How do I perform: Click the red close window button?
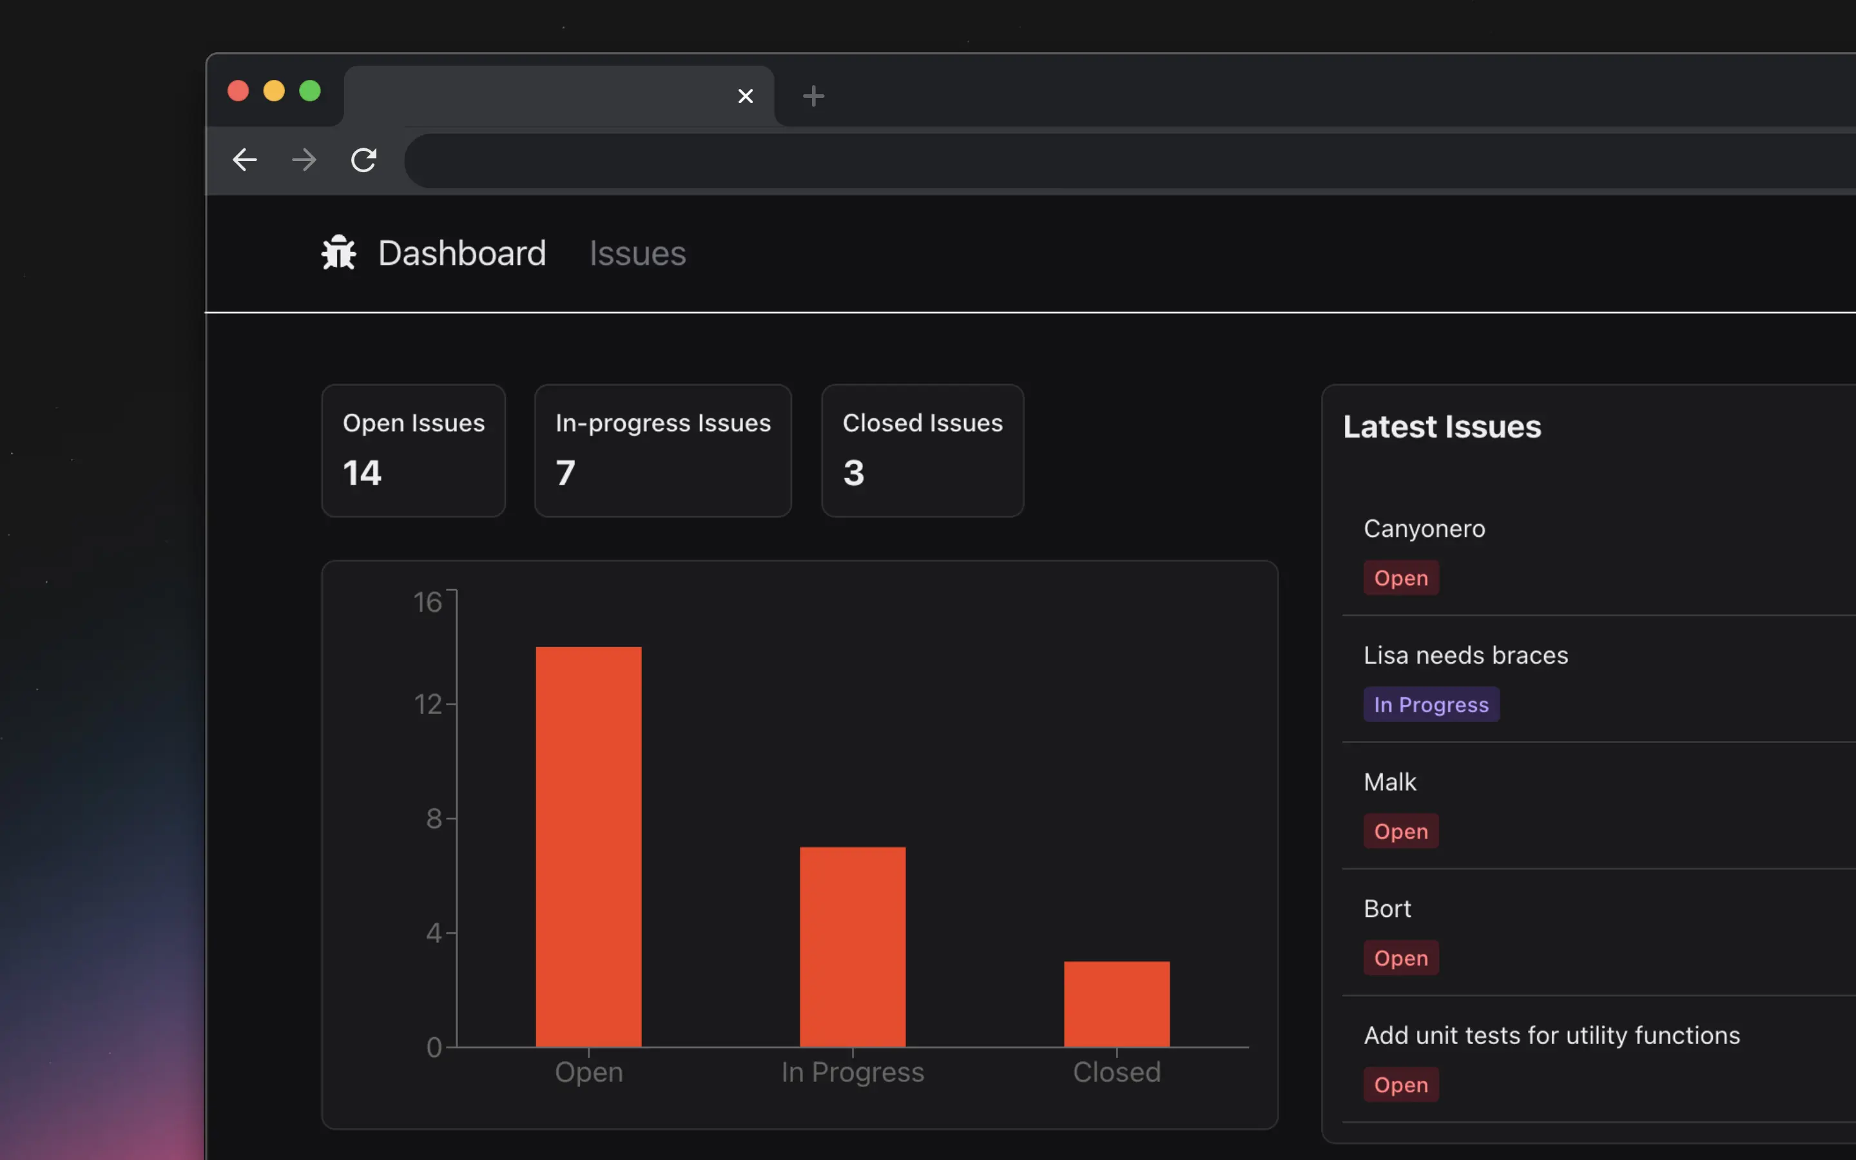pos(238,92)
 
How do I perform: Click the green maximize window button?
pos(310,92)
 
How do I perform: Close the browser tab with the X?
pos(745,97)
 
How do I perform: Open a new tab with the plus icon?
pos(813,97)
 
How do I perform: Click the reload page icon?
pos(363,160)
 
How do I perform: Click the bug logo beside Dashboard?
pos(338,253)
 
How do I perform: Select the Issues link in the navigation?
pos(637,254)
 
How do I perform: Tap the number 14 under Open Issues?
pos(362,472)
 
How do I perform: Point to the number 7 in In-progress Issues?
pos(565,472)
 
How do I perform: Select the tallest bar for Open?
pos(588,846)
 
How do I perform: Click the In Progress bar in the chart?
pos(852,947)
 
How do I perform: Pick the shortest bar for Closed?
pos(1116,1003)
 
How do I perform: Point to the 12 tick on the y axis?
pos(428,704)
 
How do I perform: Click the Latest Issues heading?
pos(1441,427)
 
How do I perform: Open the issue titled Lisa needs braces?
pos(1465,656)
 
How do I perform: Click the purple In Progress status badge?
pos(1431,705)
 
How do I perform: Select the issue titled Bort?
pos(1387,909)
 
